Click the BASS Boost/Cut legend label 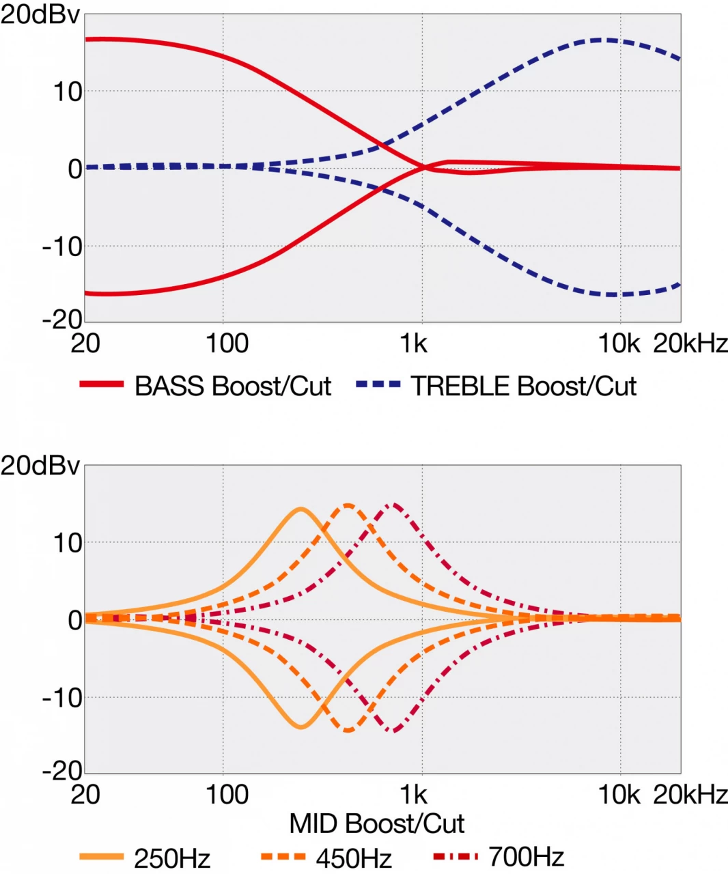pyautogui.click(x=232, y=386)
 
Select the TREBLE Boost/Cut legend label pyautogui.click(x=523, y=386)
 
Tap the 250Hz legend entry pyautogui.click(x=171, y=858)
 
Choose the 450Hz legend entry pyautogui.click(x=353, y=858)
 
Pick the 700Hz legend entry pyautogui.click(x=526, y=856)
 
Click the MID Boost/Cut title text pyautogui.click(x=376, y=824)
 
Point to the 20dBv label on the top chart pyautogui.click(x=40, y=15)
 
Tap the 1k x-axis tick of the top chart pyautogui.click(x=413, y=343)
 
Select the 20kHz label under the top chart pyautogui.click(x=690, y=343)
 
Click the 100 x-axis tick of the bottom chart pyautogui.click(x=227, y=794)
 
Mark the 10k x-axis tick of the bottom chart pyautogui.click(x=619, y=794)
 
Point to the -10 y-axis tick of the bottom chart pyautogui.click(x=62, y=698)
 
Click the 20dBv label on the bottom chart pyautogui.click(x=40, y=466)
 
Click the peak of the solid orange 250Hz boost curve pyautogui.click(x=300, y=509)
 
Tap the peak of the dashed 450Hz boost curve pyautogui.click(x=348, y=505)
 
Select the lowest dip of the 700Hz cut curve pyautogui.click(x=393, y=731)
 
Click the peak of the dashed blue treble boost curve pyautogui.click(x=601, y=40)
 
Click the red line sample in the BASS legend pyautogui.click(x=101, y=384)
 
